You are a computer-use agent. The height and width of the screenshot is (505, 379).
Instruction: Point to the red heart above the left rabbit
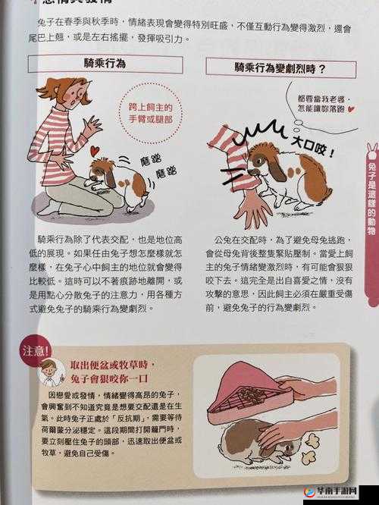point(95,151)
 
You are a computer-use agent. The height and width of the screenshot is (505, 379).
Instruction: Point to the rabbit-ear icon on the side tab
point(371,149)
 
